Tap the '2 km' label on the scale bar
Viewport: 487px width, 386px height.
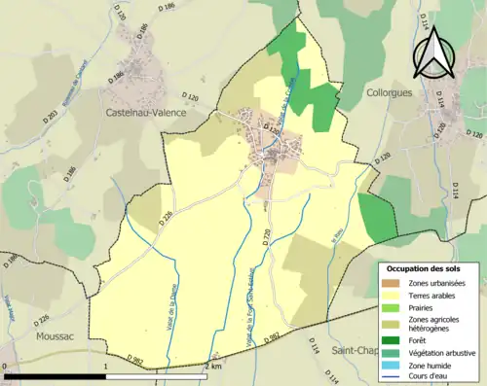coord(213,368)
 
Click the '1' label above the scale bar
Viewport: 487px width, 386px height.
coord(105,368)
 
